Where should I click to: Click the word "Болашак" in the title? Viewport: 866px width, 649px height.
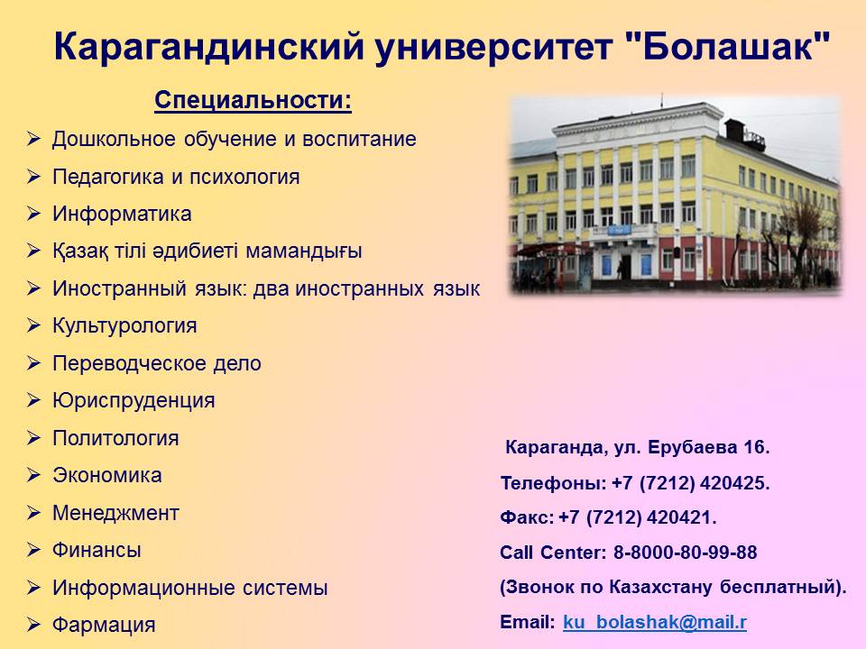click(x=729, y=46)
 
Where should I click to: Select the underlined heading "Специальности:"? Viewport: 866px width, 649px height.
click(x=253, y=100)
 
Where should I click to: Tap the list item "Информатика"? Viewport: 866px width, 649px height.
click(x=122, y=215)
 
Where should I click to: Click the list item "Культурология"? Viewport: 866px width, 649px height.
click(x=124, y=326)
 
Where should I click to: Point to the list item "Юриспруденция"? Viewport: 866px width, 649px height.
click(x=134, y=400)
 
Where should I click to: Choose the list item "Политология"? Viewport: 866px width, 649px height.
click(x=115, y=438)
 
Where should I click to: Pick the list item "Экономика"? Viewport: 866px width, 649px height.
click(x=107, y=475)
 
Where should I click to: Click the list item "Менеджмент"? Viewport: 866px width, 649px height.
click(x=116, y=513)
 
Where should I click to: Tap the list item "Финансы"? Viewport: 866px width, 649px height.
click(x=97, y=550)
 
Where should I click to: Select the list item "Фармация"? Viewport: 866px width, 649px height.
click(x=104, y=626)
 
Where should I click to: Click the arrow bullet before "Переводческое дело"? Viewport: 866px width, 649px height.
click(x=33, y=363)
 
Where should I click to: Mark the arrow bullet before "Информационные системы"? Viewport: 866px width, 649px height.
click(x=33, y=588)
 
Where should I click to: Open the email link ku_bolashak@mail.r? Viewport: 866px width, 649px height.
click(x=655, y=622)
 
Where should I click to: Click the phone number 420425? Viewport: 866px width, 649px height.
click(x=734, y=483)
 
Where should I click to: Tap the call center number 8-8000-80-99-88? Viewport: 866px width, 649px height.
click(x=686, y=553)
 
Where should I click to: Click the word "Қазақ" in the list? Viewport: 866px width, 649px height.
click(x=80, y=252)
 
